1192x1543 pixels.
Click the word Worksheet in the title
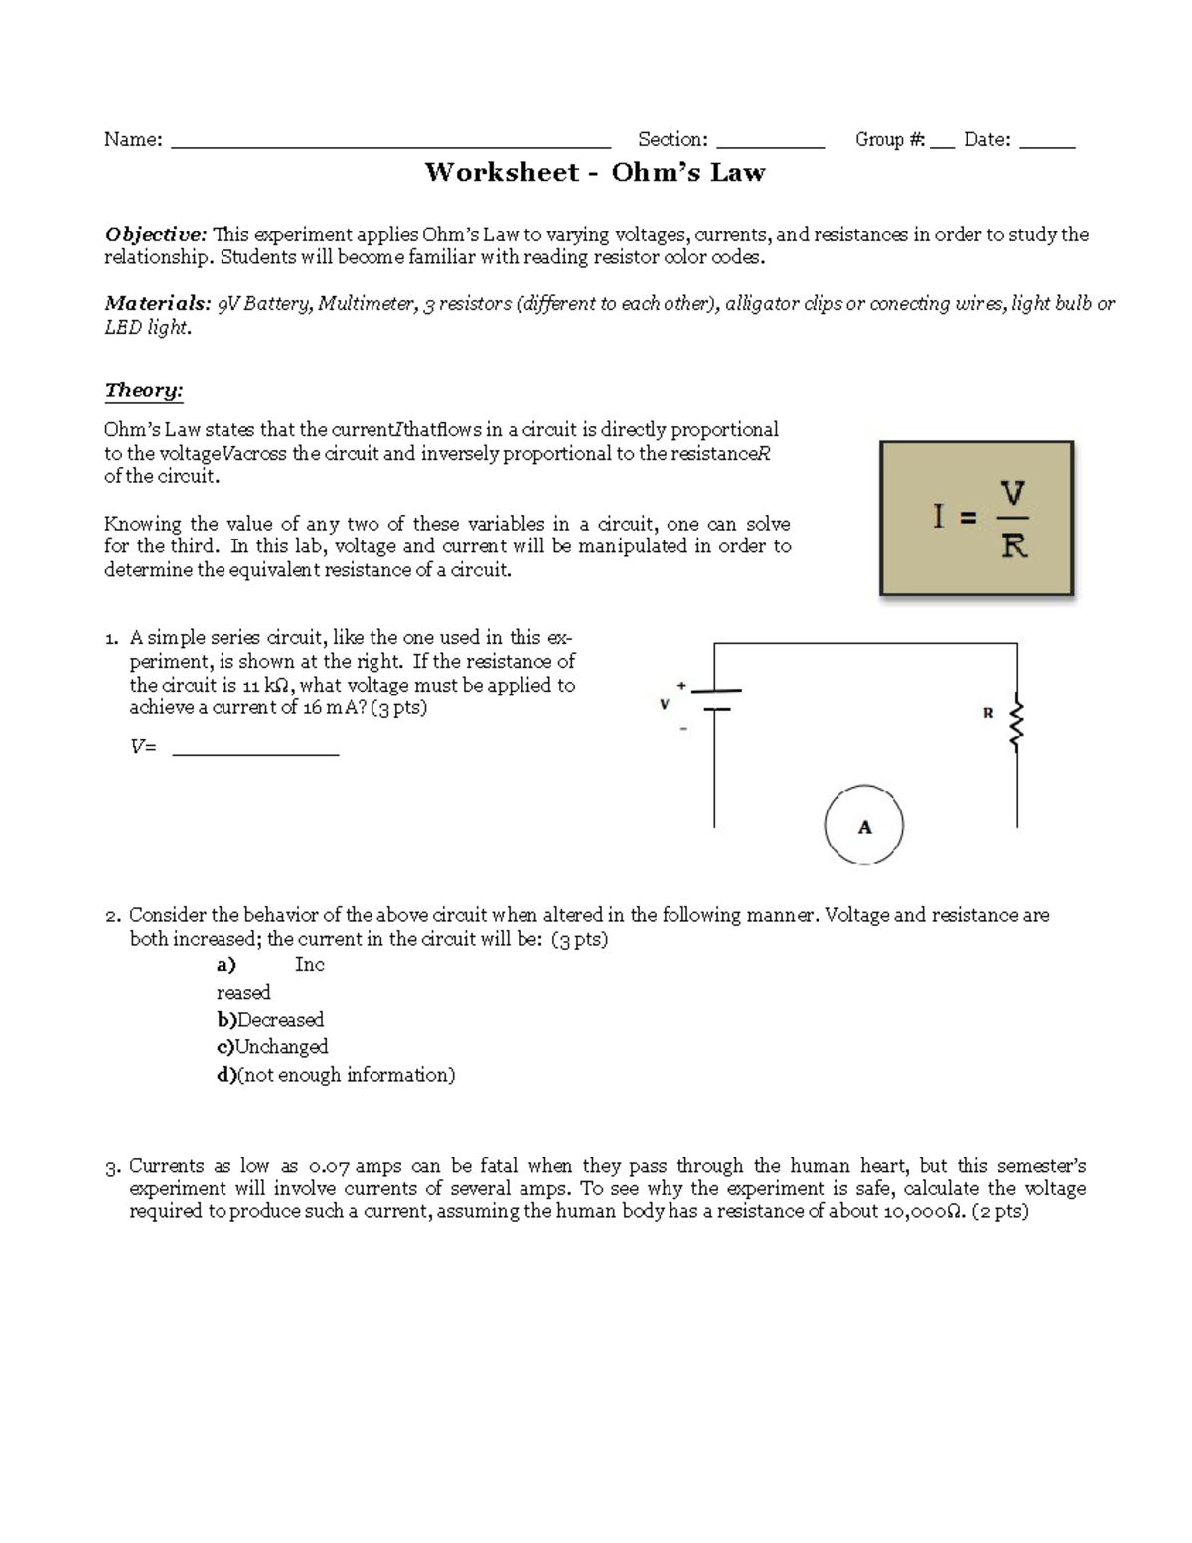502,172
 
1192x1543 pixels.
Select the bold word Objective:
156,234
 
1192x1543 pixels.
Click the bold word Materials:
157,304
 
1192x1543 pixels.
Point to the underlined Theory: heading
144,390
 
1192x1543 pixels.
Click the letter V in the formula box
1012,493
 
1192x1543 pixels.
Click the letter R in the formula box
1013,545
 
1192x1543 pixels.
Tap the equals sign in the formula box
968,518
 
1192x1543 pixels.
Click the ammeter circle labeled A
864,827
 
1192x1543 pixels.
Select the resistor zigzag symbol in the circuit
1015,722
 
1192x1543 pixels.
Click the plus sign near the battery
681,686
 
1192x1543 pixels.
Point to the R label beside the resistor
988,713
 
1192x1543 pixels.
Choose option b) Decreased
270,1020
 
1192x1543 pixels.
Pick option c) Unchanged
272,1047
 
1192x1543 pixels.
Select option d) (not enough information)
336,1075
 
